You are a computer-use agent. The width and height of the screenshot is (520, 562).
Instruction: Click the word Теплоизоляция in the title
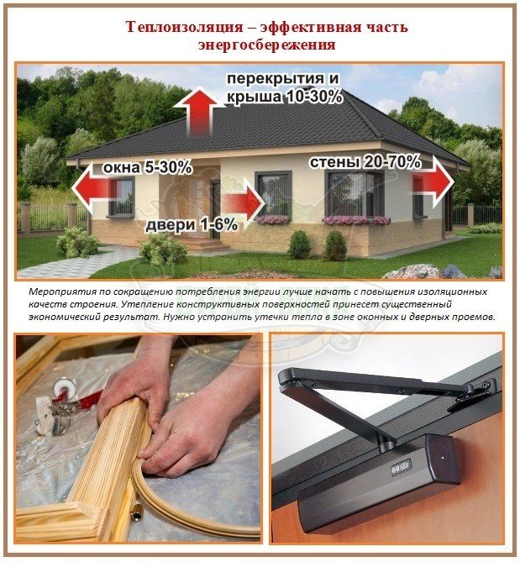point(185,27)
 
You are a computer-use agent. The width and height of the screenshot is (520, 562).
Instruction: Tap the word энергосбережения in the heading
point(266,45)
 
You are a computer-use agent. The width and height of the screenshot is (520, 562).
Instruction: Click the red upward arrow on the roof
point(199,112)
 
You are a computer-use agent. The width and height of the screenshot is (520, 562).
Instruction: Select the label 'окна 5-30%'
point(147,168)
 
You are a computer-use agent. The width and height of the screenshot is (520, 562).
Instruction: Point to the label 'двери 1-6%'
point(192,225)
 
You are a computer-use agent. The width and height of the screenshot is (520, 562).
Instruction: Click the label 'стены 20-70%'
point(365,162)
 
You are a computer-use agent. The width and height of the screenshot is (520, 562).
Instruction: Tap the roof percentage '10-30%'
point(314,97)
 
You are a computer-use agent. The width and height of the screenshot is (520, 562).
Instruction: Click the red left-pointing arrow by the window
point(94,187)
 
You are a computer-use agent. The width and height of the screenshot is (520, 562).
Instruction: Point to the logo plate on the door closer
point(401,466)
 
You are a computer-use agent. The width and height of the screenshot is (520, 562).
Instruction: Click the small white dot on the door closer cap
point(444,458)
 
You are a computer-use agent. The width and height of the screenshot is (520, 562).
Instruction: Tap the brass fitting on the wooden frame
point(137,515)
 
